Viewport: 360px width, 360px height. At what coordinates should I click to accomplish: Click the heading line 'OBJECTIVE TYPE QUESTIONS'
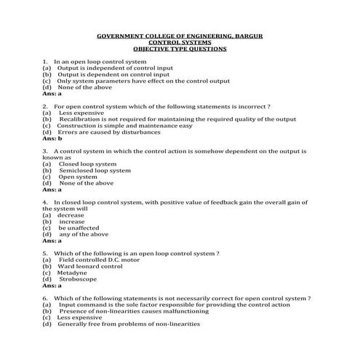click(x=180, y=49)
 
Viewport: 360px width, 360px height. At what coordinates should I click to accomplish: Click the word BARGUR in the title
click(x=247, y=36)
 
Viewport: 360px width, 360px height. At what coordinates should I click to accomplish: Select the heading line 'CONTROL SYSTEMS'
click(x=180, y=42)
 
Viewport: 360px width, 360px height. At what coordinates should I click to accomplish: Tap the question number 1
click(x=45, y=62)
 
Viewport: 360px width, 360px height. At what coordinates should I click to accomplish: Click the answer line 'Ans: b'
click(x=52, y=138)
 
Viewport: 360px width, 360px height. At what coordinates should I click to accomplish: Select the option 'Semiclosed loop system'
click(x=95, y=170)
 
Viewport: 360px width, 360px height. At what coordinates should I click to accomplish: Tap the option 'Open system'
click(x=78, y=177)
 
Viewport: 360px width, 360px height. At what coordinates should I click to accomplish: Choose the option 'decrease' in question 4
click(x=71, y=215)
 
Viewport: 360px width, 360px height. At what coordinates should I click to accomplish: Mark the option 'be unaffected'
click(x=81, y=228)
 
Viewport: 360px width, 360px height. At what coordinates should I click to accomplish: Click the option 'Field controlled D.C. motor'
click(x=100, y=260)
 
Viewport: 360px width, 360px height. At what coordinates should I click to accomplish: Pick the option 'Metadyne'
click(x=72, y=273)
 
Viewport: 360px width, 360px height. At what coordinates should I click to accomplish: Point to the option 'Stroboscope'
click(x=77, y=279)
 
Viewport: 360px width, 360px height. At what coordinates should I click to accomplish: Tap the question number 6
click(x=45, y=298)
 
